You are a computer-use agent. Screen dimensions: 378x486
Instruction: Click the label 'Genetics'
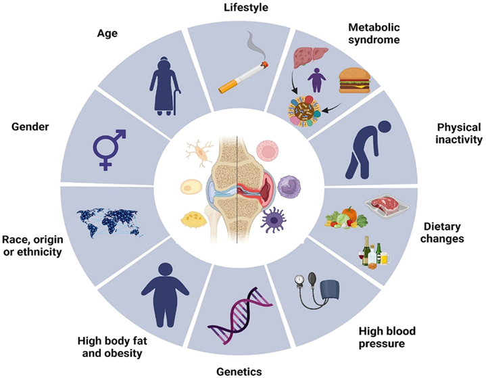pos(240,371)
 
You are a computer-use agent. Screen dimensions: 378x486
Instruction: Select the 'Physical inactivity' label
pos(459,133)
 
